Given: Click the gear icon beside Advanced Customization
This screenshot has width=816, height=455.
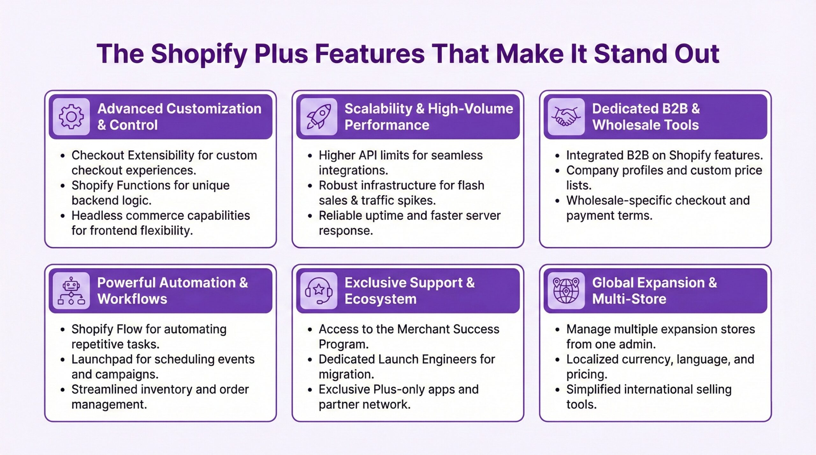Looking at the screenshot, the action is point(71,117).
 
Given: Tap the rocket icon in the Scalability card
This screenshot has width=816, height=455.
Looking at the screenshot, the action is point(318,117).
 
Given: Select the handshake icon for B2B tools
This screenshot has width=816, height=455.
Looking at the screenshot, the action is point(566,117).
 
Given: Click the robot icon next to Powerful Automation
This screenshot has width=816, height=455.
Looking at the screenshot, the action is point(71,290).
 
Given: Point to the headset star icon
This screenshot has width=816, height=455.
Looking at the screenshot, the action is point(318,290).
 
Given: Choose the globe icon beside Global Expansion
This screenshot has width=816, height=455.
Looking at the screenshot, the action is point(566,290).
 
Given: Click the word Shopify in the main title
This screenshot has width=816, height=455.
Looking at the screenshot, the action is point(199,54).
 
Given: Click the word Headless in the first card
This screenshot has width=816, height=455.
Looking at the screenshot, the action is point(97,216).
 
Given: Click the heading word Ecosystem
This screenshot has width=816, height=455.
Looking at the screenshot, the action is point(381,299).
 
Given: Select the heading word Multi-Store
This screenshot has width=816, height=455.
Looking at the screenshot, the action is point(629,299).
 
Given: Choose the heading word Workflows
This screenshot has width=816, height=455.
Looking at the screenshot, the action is point(132,299).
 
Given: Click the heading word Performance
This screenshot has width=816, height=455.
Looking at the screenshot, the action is point(387,125).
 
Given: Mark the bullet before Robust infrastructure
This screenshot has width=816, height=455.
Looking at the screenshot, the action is point(310,186).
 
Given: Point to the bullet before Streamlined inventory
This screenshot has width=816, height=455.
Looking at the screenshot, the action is point(63,390).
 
